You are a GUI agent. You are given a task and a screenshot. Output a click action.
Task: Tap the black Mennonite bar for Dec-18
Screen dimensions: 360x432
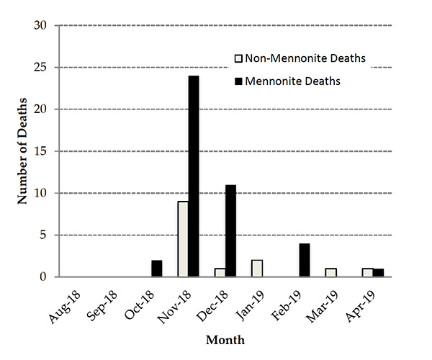pos(230,231)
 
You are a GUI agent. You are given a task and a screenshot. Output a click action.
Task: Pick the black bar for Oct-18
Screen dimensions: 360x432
pos(157,269)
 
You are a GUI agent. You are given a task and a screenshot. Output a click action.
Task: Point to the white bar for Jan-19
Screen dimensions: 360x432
pos(257,269)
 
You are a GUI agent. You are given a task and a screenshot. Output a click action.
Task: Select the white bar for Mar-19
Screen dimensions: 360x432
pos(331,273)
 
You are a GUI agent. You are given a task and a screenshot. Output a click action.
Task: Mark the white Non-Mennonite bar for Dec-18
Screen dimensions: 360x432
pos(220,273)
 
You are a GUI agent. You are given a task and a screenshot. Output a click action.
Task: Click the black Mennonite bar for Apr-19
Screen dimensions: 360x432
pos(379,273)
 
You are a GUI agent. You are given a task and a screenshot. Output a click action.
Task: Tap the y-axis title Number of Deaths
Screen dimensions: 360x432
pos(22,152)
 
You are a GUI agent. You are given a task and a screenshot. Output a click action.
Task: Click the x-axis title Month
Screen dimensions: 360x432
pos(224,338)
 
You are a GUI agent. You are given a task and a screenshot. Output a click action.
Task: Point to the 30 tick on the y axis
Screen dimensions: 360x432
pos(40,26)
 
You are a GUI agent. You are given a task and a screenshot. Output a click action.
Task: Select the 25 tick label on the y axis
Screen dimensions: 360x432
pos(40,68)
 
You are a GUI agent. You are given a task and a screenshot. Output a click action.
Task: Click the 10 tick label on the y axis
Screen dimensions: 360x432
pos(40,193)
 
